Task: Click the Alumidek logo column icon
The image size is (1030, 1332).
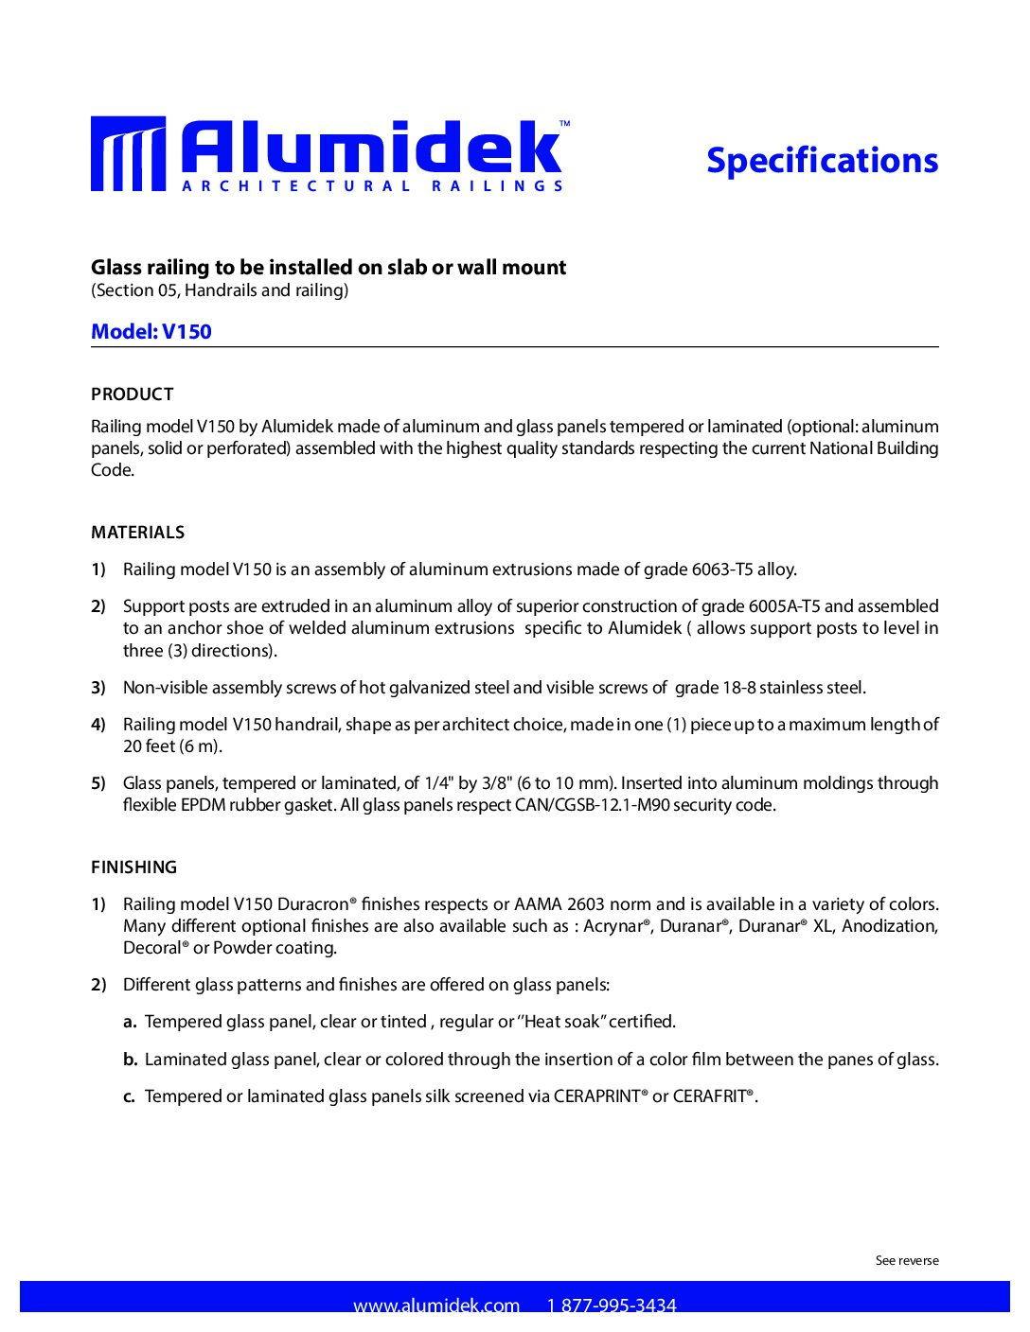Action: point(128,154)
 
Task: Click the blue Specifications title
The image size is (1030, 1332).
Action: point(822,161)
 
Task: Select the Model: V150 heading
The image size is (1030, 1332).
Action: point(151,332)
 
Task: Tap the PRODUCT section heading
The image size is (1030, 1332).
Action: point(133,394)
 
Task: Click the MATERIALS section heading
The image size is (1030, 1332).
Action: point(138,533)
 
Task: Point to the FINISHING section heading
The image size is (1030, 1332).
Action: point(134,868)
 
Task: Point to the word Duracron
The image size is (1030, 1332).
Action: point(313,904)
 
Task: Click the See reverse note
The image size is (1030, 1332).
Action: point(907,1260)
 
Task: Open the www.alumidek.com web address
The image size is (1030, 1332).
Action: point(436,1306)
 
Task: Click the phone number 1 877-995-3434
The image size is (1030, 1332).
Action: point(612,1306)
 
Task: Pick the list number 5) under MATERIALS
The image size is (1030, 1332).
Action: point(98,783)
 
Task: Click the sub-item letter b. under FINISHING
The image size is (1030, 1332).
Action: point(131,1060)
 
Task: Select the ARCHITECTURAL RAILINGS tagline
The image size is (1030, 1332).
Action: point(373,186)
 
